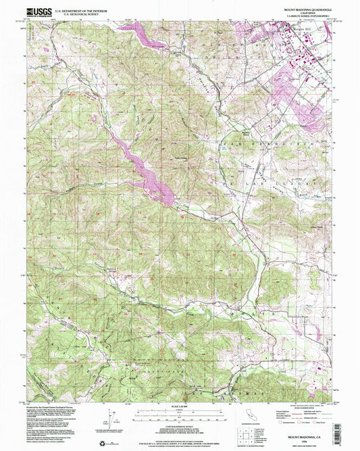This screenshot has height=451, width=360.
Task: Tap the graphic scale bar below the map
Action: [180, 412]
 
